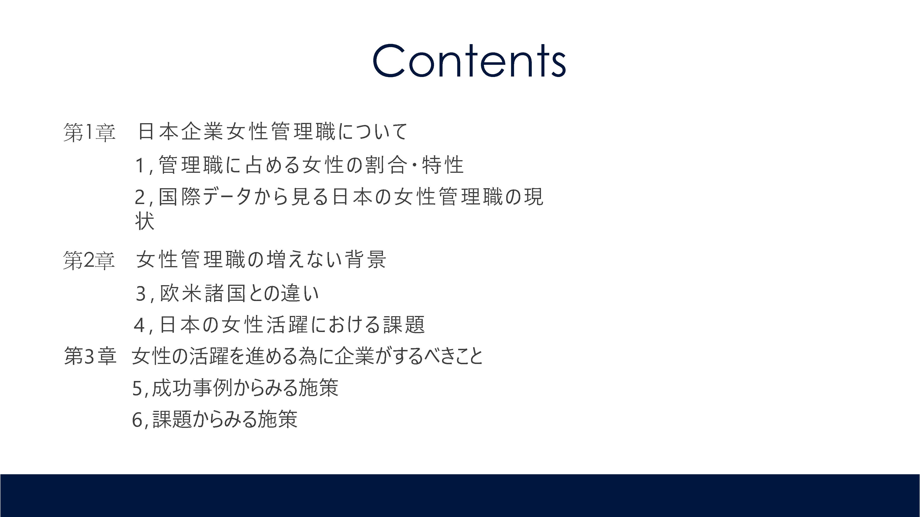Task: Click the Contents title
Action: pyautogui.click(x=469, y=61)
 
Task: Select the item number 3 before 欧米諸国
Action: pyautogui.click(x=141, y=294)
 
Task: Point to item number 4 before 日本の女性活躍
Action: pyautogui.click(x=139, y=325)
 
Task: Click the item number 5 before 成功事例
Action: pyautogui.click(x=138, y=388)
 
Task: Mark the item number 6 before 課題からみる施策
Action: pyautogui.click(x=138, y=420)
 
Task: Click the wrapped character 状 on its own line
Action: pyautogui.click(x=145, y=221)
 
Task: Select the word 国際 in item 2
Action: pyautogui.click(x=179, y=197)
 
